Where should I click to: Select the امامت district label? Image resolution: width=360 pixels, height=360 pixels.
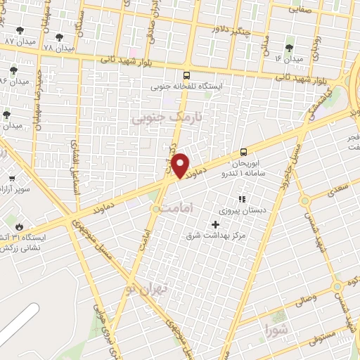(x=171, y=209)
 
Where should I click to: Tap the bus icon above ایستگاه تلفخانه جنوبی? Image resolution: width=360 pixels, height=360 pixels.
(x=186, y=75)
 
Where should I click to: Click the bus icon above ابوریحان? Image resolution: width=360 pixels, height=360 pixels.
(x=243, y=151)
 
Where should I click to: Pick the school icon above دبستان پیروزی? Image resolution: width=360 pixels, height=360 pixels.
(x=242, y=199)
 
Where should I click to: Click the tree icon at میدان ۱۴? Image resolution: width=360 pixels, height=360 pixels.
(x=289, y=48)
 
